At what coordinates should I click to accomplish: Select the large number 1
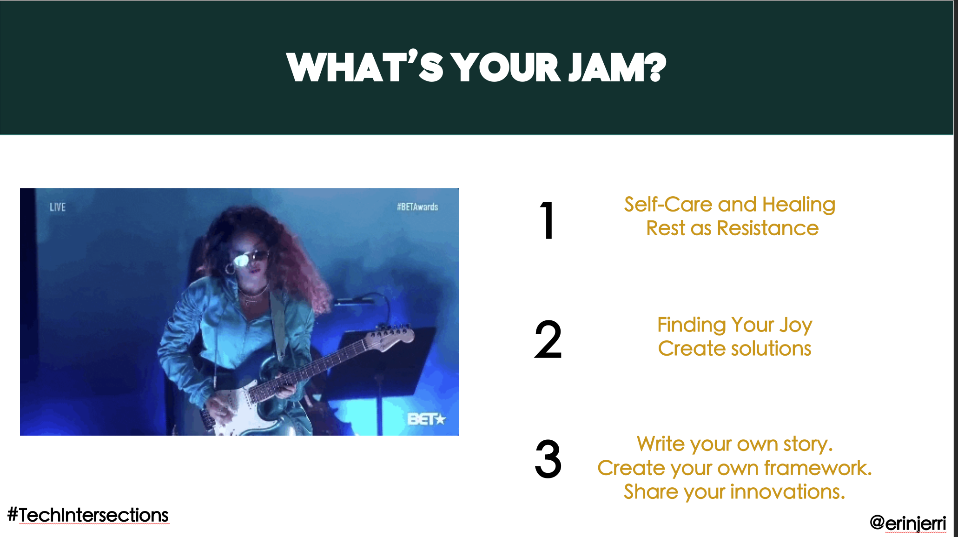[x=548, y=220]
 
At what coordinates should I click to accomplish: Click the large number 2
[x=548, y=340]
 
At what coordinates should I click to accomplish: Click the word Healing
[x=799, y=205]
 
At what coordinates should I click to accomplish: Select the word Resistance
[x=767, y=228]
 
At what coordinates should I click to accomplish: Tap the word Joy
[x=796, y=325]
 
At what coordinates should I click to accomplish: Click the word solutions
[x=772, y=349]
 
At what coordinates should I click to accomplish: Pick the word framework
[x=818, y=468]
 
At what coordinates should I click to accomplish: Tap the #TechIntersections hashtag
[x=88, y=515]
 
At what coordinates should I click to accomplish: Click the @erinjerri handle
[x=908, y=523]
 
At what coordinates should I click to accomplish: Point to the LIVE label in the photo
[x=58, y=207]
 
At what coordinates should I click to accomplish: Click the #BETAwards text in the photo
[x=417, y=207]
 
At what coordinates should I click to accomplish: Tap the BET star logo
[x=426, y=419]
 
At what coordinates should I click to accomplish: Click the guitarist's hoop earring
[x=230, y=269]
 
